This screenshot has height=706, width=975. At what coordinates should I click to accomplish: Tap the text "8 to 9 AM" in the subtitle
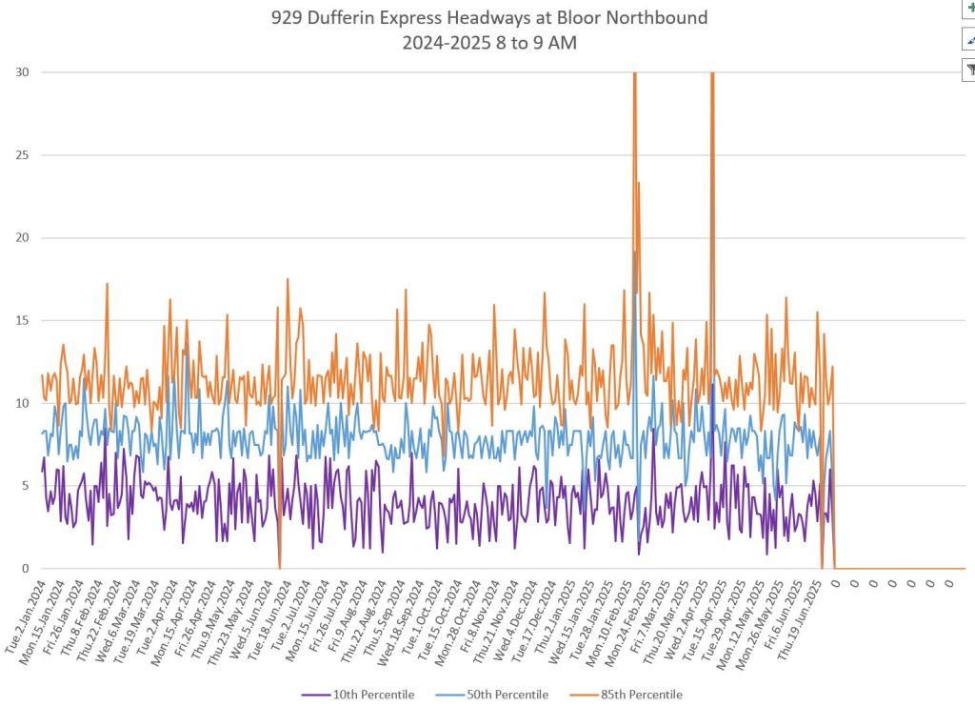(x=533, y=43)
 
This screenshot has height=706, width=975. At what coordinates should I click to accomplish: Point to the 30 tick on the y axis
(x=21, y=72)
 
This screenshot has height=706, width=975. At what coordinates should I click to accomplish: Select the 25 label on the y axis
(x=21, y=155)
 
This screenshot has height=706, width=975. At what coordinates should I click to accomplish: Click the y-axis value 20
(x=21, y=238)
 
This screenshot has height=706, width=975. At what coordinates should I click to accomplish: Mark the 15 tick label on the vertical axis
(x=21, y=320)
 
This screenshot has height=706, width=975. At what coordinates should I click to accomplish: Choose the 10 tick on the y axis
(x=21, y=403)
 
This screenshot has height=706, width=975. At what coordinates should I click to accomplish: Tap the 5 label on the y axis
(x=24, y=486)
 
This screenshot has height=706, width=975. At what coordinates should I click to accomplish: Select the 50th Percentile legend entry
(x=507, y=695)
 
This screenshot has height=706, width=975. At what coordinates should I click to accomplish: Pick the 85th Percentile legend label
(x=641, y=695)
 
